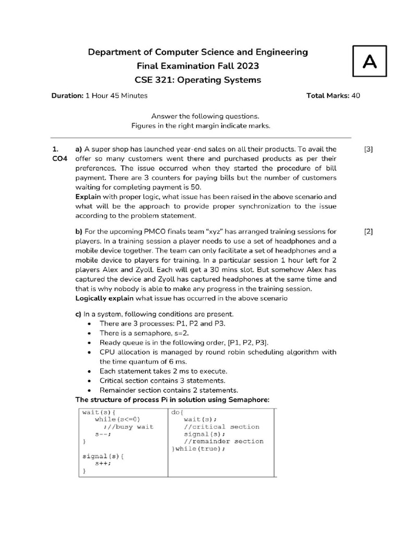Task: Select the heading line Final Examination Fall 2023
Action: click(197, 66)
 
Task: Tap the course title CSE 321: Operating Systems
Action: click(197, 80)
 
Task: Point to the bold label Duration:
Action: click(67, 95)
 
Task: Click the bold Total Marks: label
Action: click(328, 95)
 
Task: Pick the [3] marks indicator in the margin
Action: click(369, 149)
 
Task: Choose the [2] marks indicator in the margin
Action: click(369, 232)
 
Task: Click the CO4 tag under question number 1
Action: click(61, 159)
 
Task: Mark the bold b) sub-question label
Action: click(79, 232)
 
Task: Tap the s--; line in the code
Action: click(103, 434)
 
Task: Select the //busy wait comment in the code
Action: click(128, 427)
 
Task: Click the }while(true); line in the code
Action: click(196, 448)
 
